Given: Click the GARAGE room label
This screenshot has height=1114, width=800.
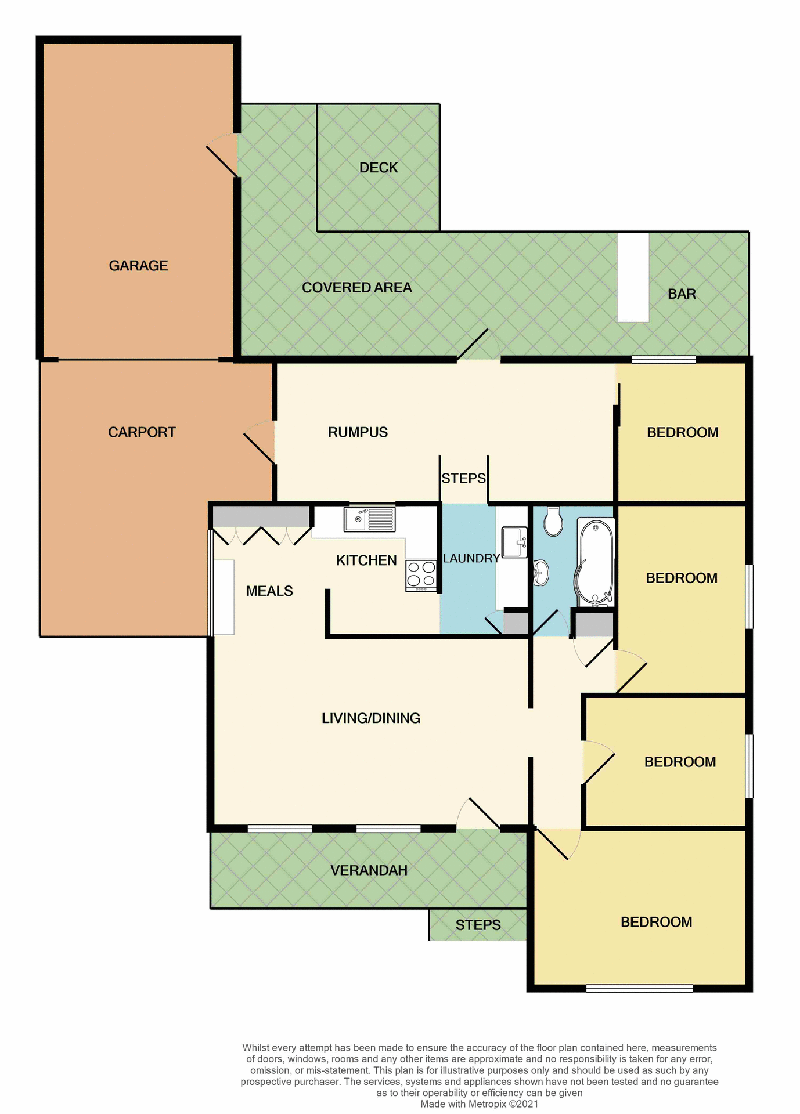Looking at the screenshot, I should point(138,266).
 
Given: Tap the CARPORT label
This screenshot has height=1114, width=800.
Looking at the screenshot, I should point(142,432).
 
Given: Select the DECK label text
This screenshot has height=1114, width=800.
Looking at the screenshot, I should point(379,168).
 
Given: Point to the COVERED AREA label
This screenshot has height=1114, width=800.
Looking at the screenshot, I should point(356,288).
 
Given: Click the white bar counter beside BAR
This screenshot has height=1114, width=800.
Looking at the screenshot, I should point(633,277).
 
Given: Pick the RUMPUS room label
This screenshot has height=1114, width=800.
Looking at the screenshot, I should point(358,432).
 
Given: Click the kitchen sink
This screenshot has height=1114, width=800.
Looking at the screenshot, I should point(369,519).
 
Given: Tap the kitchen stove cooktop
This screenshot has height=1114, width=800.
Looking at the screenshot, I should point(421,574).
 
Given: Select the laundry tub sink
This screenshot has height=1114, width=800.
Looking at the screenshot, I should point(514,542).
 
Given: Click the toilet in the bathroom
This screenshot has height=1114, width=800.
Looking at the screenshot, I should point(553,522).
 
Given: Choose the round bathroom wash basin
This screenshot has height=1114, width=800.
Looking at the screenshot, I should point(540,573).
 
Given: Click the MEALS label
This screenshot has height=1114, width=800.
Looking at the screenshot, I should point(269,591).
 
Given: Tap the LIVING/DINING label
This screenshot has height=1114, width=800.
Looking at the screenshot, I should point(371,718).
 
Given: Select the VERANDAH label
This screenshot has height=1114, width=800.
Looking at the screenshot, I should point(369,870).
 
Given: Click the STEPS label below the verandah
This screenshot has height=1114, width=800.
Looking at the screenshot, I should point(478,925).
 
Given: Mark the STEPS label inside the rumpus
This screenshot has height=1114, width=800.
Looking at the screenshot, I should point(463,478).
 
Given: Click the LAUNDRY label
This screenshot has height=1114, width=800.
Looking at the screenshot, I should point(471,558).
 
